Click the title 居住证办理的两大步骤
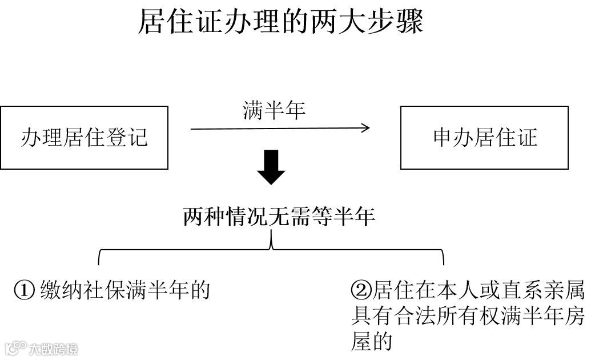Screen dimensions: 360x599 [x=280, y=23]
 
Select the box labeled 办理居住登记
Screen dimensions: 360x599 [x=84, y=138]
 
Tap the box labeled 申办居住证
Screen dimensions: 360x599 [x=484, y=138]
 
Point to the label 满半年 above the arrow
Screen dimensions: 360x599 [x=274, y=110]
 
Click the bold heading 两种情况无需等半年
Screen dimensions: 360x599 [x=279, y=217]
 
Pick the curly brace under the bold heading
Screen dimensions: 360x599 [x=272, y=249]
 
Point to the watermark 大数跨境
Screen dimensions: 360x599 [x=54, y=348]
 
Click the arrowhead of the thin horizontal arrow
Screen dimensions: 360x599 [x=365, y=128]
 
